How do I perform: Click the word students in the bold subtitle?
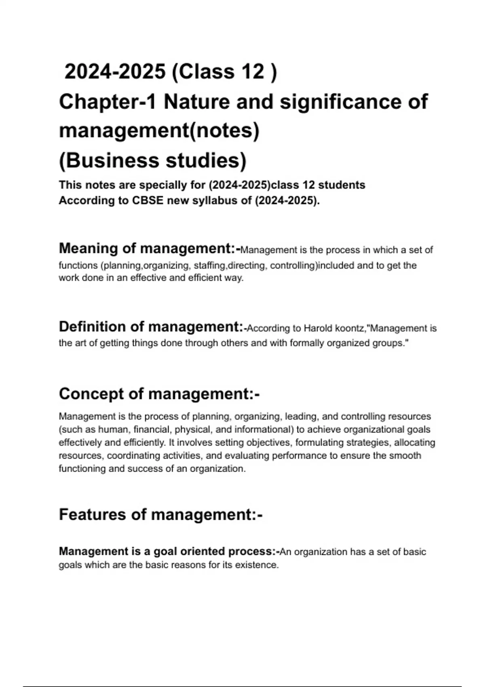pos(342,185)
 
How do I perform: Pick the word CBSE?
pos(148,200)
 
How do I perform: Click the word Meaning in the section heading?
pos(88,248)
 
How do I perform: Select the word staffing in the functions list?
pos(210,266)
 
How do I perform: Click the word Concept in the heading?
pos(91,394)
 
